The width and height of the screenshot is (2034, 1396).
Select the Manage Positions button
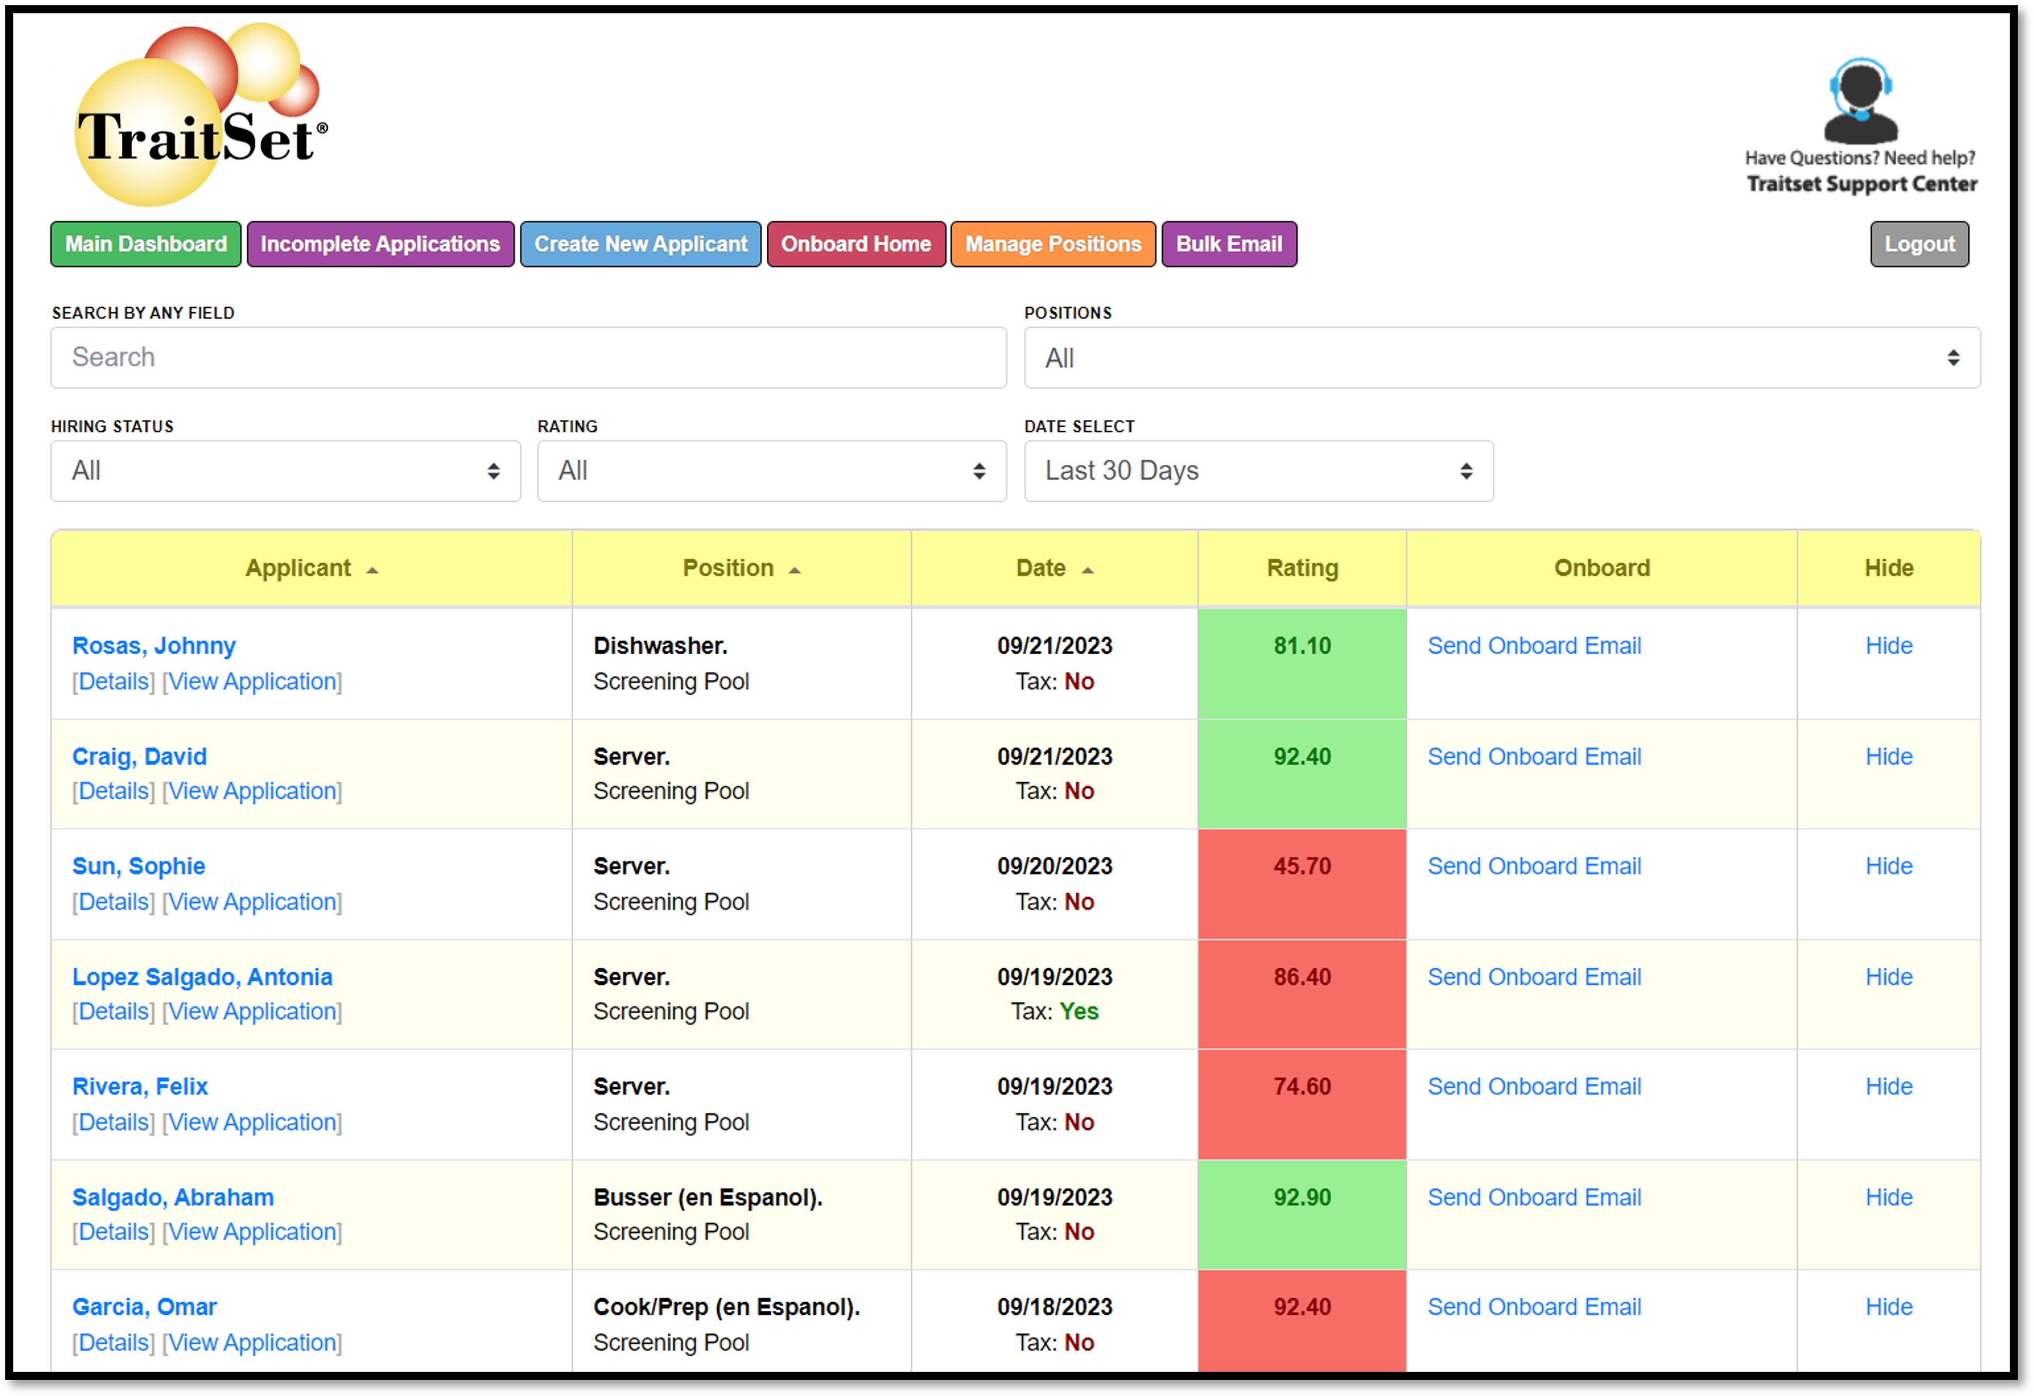tap(1053, 244)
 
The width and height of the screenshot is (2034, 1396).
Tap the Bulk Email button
tap(1229, 244)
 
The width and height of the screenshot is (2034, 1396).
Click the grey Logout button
tap(1919, 244)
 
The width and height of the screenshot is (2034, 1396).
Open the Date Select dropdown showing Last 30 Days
tap(1259, 472)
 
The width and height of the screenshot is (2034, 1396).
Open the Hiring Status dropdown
tap(285, 472)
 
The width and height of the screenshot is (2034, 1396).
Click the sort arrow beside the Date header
tap(1088, 571)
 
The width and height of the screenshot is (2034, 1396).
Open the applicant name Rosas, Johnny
tap(154, 646)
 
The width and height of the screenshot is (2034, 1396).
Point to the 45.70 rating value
tap(1302, 867)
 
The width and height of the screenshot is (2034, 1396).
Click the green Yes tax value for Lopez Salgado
tap(1079, 1012)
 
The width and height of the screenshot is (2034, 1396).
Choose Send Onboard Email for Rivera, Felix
tap(1534, 1087)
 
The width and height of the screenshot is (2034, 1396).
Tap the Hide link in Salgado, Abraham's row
tap(1889, 1197)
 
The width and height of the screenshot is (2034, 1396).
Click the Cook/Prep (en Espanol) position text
tap(726, 1308)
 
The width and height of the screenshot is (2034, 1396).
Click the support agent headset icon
tap(1861, 100)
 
